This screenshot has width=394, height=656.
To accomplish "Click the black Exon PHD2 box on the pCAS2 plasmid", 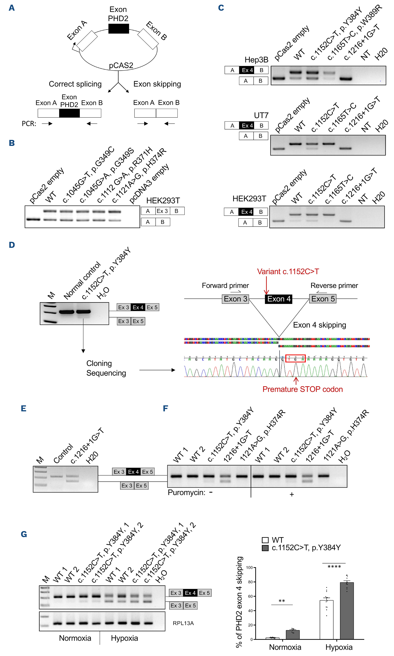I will [118, 29].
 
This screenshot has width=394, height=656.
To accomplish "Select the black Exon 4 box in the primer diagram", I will [279, 299].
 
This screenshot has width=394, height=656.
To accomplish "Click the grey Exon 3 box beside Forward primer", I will [235, 299].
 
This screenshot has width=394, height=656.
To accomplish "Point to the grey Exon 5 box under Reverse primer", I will [323, 299].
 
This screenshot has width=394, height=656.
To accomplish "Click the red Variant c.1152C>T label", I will [288, 271].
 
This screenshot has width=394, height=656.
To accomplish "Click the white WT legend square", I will [265, 540].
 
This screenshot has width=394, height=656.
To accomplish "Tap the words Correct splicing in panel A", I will [75, 84].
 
